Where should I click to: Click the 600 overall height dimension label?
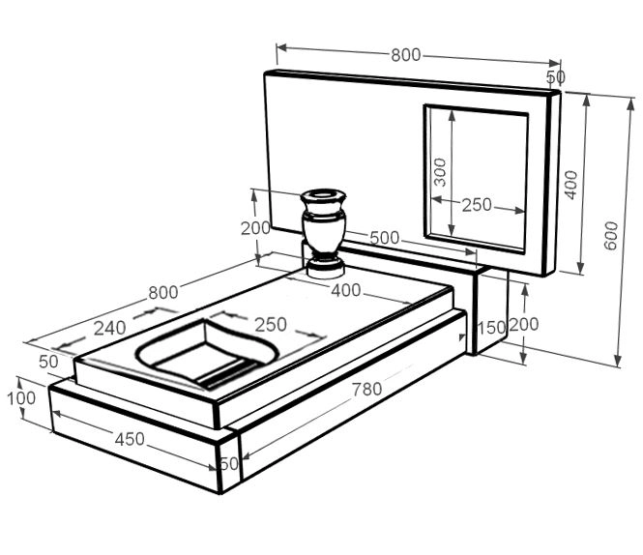(610, 235)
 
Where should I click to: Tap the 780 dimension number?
(367, 389)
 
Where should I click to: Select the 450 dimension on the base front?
(130, 439)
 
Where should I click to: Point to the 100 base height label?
(21, 398)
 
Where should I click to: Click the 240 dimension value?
(109, 328)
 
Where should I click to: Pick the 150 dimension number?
(492, 328)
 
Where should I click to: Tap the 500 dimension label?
(384, 238)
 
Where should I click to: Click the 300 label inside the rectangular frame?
(440, 172)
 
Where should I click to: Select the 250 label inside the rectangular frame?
(477, 205)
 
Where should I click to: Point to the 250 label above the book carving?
(271, 325)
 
